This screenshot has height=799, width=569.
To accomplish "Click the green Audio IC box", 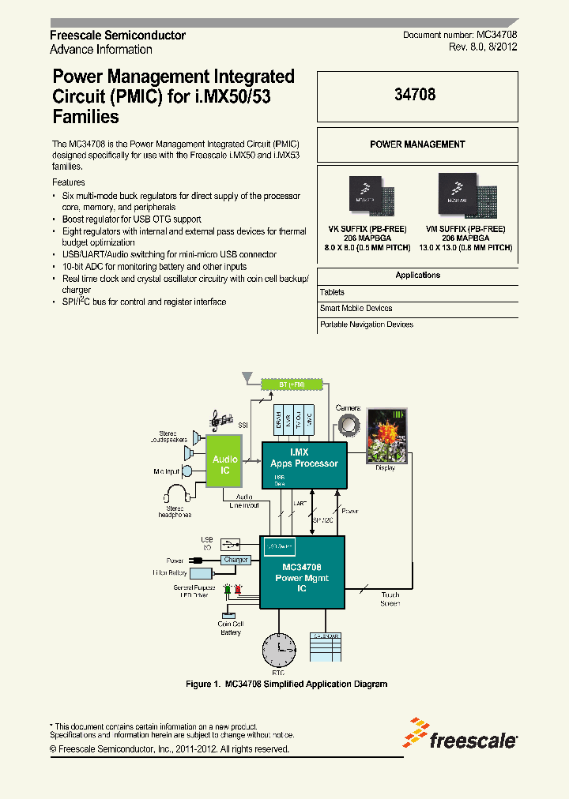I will coord(225,463).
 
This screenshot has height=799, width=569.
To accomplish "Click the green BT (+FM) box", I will coord(292,384).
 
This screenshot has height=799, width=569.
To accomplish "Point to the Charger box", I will coord(236,560).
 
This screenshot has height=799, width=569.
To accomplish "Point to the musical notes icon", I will coord(219,420).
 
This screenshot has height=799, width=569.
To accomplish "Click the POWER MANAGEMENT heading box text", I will coord(417,144).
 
